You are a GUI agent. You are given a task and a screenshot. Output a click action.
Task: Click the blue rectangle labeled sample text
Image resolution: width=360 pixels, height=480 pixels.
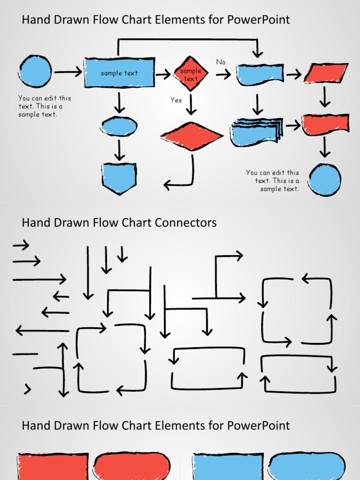120,73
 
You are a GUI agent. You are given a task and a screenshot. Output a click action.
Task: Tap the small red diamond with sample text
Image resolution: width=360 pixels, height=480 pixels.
190,74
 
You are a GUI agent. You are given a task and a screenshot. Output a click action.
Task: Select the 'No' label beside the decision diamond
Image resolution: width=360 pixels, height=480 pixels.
221,62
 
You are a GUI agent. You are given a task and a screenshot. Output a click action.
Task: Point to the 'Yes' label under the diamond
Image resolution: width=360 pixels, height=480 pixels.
176,100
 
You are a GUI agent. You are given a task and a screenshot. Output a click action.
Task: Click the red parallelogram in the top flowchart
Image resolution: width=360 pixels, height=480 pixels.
326,73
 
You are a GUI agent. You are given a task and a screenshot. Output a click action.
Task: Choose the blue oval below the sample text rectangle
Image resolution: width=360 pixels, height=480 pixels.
119,126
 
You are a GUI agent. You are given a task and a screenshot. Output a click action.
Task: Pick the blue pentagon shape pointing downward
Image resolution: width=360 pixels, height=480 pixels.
120,178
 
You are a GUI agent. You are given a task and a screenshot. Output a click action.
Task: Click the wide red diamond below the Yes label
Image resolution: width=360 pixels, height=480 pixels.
192,136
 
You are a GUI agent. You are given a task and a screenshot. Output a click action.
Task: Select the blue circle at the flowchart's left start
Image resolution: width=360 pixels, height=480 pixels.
35,71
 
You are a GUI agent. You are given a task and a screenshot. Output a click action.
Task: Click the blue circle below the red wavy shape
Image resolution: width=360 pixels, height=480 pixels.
325,180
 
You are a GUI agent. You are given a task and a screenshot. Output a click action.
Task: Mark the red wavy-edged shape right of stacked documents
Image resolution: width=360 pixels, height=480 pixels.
325,124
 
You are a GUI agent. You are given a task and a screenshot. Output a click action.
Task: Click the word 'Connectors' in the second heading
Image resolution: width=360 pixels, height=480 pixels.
189,222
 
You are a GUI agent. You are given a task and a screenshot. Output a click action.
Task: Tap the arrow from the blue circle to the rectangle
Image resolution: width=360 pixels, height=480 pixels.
67,72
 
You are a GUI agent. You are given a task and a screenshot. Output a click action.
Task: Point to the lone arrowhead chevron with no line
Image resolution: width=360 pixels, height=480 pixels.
28,389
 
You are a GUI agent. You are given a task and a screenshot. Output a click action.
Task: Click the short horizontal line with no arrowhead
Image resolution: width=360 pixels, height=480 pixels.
25,354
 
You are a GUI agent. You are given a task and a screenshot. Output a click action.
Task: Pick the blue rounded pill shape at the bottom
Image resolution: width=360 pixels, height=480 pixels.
307,466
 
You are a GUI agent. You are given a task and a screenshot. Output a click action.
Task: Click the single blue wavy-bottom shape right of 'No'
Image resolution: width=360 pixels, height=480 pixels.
259,75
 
